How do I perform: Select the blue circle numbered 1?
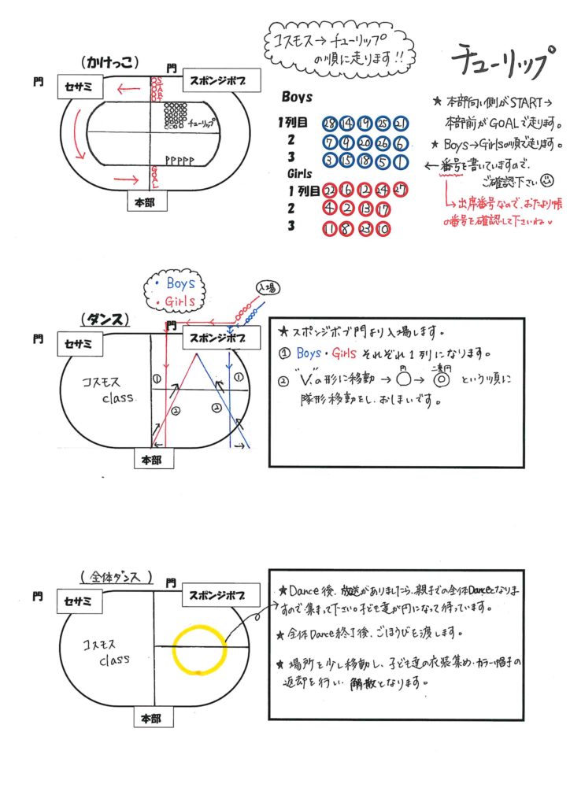coord(401,161)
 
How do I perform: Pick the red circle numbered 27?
coord(401,189)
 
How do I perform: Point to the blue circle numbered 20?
coord(365,142)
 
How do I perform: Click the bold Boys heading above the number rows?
coord(297,98)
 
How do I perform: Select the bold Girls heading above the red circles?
coord(294,174)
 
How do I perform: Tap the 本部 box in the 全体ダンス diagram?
coord(151,719)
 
